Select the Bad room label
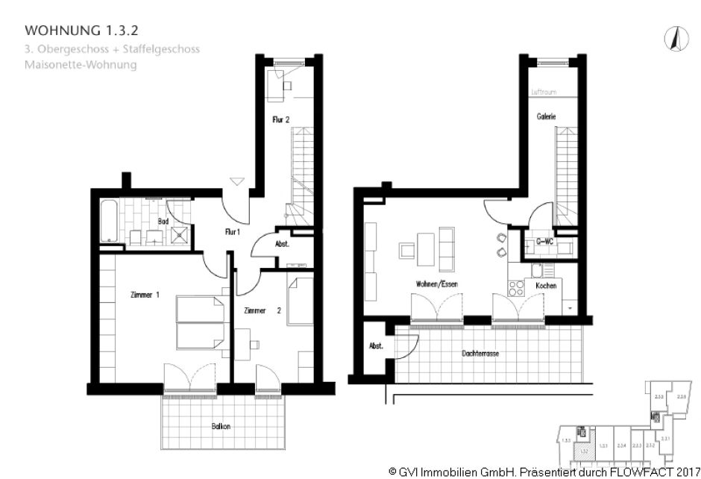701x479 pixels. click(163, 222)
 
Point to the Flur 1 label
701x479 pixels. click(233, 232)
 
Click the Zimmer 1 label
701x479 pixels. click(145, 295)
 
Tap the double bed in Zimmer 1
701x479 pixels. click(200, 321)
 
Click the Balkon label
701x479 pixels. click(220, 426)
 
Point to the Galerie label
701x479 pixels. click(546, 116)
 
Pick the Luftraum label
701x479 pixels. click(543, 93)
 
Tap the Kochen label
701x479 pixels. click(546, 286)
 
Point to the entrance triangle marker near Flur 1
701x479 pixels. click(236, 180)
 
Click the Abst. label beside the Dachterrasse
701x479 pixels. click(374, 345)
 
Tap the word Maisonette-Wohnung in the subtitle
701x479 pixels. click(81, 65)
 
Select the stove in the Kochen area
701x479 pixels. click(515, 287)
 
